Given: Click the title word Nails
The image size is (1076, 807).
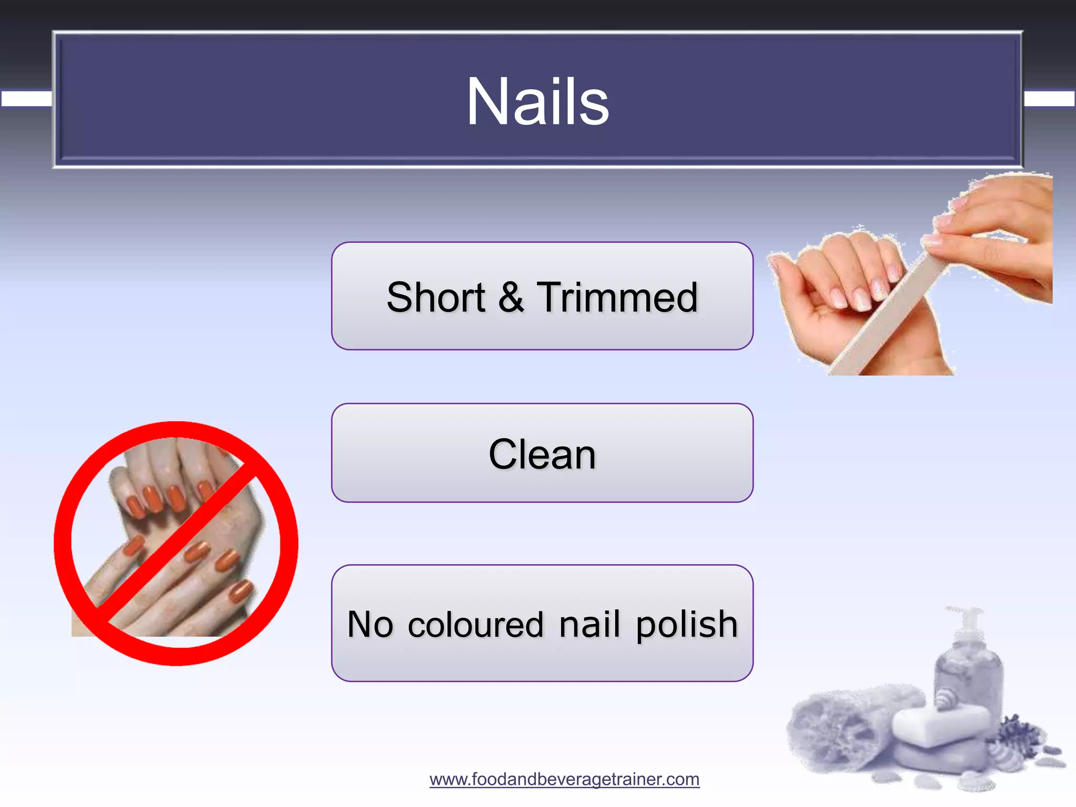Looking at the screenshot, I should [x=537, y=101].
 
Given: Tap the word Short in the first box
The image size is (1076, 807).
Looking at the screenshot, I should [x=436, y=297].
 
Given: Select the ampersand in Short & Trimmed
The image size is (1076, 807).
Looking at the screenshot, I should [x=511, y=297].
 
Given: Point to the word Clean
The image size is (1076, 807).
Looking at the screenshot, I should [x=542, y=454].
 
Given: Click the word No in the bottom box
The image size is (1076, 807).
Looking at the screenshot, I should [x=370, y=624].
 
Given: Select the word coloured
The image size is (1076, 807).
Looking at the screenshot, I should [x=475, y=625].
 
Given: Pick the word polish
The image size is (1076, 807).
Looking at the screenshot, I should [x=687, y=625].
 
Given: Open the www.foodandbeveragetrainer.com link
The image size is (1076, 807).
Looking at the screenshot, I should [x=564, y=779].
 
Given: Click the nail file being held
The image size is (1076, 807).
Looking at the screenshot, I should [x=888, y=310].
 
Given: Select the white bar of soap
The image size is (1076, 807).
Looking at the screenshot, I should [x=940, y=725].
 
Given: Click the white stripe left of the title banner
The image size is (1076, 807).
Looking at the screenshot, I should [x=26, y=99].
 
